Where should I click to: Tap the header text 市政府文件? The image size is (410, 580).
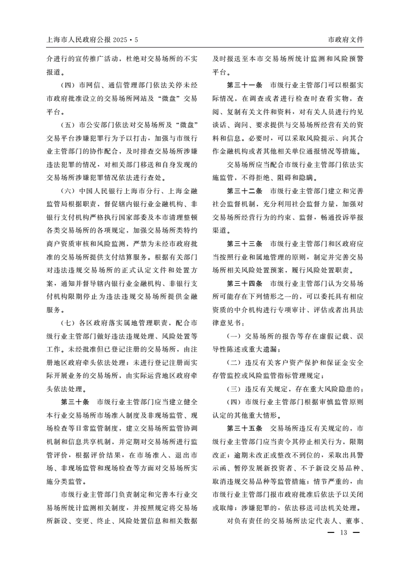click(345, 39)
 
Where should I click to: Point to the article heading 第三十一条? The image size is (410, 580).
click(245, 85)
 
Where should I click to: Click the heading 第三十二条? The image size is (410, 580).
click(245, 191)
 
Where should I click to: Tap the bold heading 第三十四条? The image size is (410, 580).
click(245, 283)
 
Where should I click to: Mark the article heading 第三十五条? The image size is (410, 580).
click(245, 429)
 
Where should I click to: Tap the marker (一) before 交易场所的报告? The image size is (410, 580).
click(236, 337)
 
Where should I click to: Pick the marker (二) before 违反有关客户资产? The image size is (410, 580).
click(236, 363)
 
